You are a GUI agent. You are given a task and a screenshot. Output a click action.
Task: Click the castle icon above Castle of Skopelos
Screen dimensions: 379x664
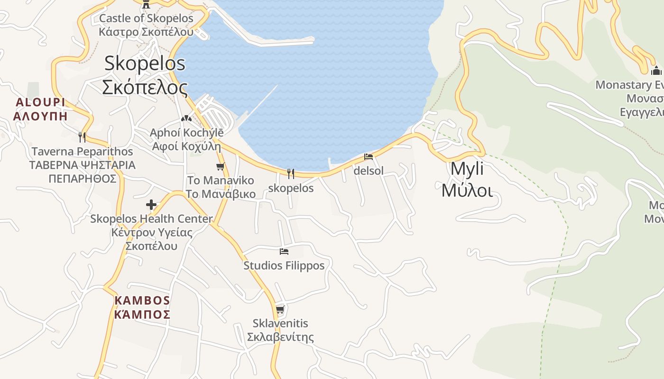pyautogui.click(x=146, y=4)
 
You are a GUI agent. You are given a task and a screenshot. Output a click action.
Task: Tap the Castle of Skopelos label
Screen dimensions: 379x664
pyautogui.click(x=146, y=25)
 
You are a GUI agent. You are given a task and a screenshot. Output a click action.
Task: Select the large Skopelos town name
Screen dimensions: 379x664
pyautogui.click(x=145, y=75)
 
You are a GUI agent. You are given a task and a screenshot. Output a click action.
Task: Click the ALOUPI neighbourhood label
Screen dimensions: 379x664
pyautogui.click(x=40, y=109)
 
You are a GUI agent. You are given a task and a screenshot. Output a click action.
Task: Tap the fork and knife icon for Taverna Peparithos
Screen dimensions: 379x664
pyautogui.click(x=82, y=137)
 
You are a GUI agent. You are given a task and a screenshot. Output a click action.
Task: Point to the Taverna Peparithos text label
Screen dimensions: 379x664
pyautogui.click(x=82, y=165)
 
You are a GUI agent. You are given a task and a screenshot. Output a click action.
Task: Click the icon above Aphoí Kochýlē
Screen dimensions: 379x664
pyautogui.click(x=186, y=118)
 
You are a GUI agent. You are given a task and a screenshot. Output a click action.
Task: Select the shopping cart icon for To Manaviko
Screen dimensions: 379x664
pyautogui.click(x=220, y=166)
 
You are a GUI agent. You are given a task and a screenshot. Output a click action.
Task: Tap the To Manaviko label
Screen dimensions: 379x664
pyautogui.click(x=221, y=187)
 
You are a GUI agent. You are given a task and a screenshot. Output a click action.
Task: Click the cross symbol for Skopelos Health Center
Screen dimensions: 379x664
pyautogui.click(x=151, y=205)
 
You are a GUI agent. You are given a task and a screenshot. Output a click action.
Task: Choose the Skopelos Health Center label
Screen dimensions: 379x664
pyautogui.click(x=151, y=232)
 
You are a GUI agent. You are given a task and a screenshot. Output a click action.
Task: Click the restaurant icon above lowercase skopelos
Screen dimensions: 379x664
pyautogui.click(x=291, y=174)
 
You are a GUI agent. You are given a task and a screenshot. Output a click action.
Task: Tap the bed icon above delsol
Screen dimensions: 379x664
pyautogui.click(x=369, y=157)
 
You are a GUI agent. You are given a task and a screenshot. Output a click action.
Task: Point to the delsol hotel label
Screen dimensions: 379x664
pyautogui.click(x=369, y=171)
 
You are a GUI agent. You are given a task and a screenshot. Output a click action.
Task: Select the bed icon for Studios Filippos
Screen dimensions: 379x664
pyautogui.click(x=284, y=251)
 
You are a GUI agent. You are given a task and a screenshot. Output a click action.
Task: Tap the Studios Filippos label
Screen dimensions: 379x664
pyautogui.click(x=284, y=265)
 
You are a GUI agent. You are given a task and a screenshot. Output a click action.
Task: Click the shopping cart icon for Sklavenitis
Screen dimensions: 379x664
pyautogui.click(x=280, y=310)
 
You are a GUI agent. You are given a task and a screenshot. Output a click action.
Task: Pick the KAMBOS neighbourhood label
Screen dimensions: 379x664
pyautogui.click(x=142, y=307)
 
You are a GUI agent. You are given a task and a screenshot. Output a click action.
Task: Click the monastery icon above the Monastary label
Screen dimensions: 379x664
pyautogui.click(x=656, y=71)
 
